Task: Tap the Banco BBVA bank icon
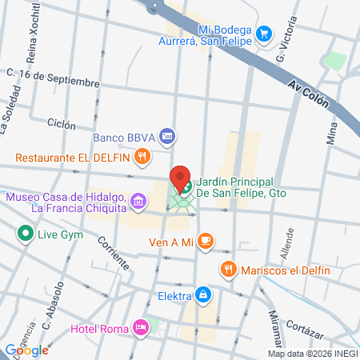(166, 136)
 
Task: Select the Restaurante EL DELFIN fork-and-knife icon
(142, 157)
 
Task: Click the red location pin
(181, 179)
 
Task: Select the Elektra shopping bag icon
(204, 296)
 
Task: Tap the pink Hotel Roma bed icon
(141, 327)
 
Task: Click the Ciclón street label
(62, 125)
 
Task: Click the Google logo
(26, 350)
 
